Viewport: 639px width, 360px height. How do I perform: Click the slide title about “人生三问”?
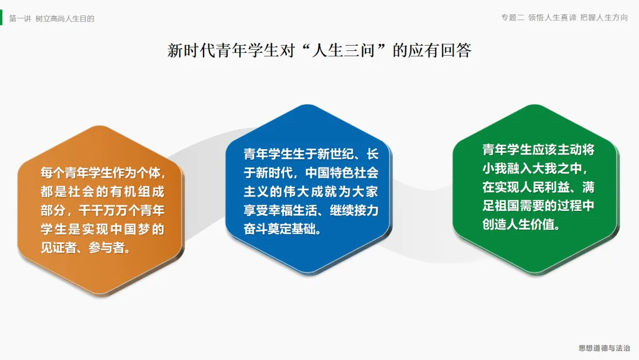pyautogui.click(x=319, y=50)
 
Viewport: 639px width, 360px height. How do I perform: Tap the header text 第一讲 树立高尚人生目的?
pyautogui.click(x=51, y=19)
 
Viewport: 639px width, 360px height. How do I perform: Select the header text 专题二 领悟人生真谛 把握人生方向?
pyautogui.click(x=564, y=18)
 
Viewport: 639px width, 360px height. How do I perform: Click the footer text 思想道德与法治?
pyautogui.click(x=604, y=348)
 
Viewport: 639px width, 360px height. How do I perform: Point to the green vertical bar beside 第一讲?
pyautogui.click(x=1, y=18)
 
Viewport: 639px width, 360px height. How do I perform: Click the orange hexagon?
pyautogui.click(x=101, y=210)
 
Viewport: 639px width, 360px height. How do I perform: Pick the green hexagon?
pyautogui.click(x=536, y=189)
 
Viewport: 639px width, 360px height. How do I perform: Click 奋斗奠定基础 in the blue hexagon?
pyautogui.click(x=279, y=229)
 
